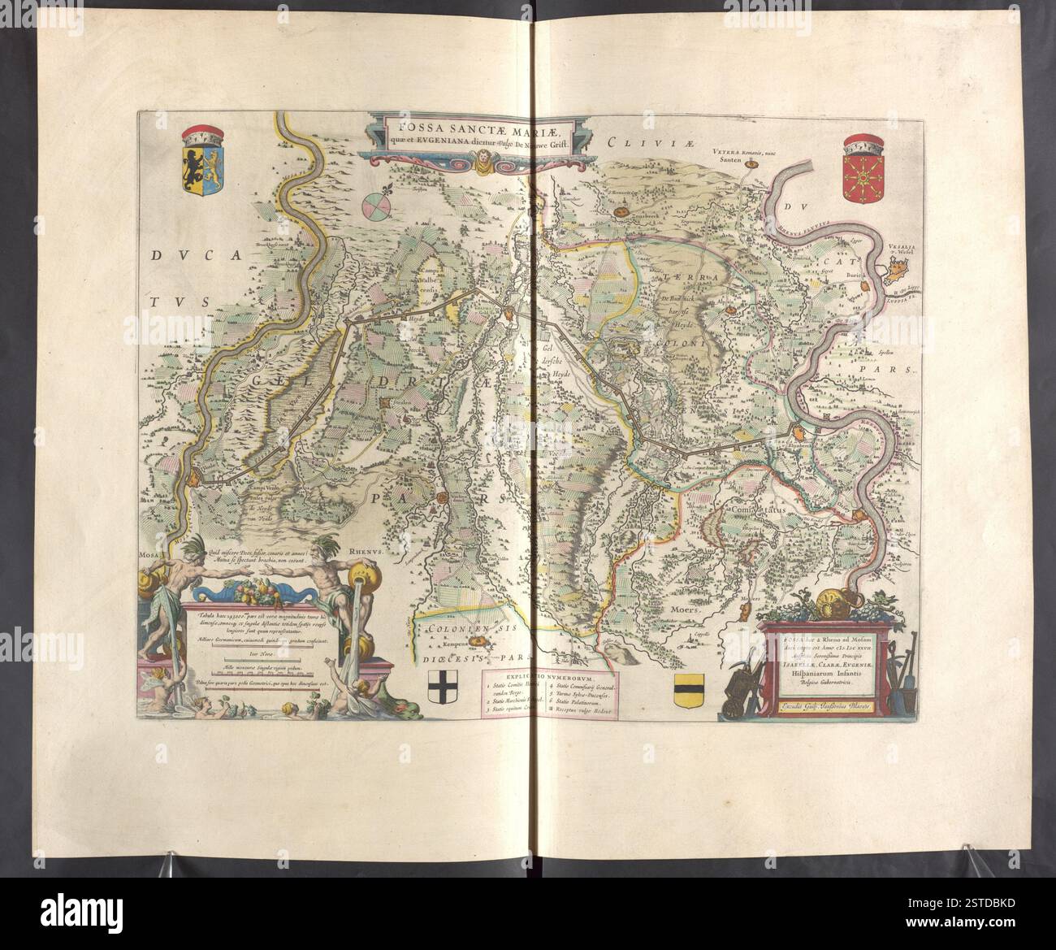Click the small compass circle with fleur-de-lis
376,204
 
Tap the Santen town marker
751,165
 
